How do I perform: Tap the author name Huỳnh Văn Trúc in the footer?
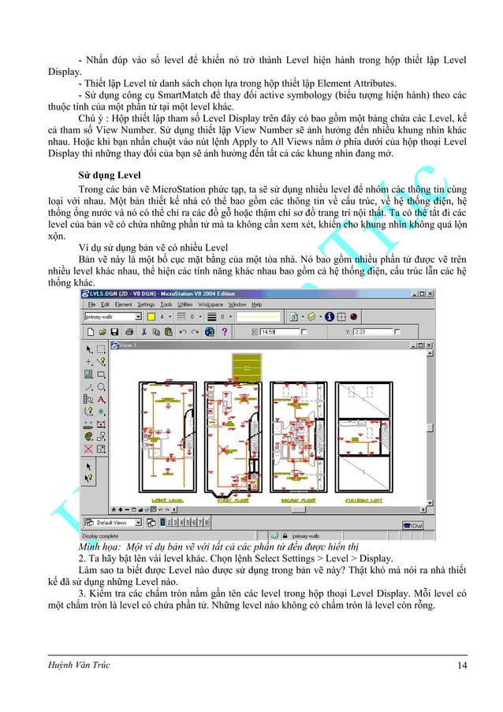pyautogui.click(x=79, y=665)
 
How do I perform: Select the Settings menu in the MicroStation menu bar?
pyautogui.click(x=147, y=304)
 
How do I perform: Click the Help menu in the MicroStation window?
pyautogui.click(x=256, y=304)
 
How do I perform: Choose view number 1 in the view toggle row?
pyautogui.click(x=163, y=522)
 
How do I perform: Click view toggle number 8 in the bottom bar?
pyautogui.click(x=207, y=522)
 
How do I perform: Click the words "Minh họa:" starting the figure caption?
pyautogui.click(x=99, y=546)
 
